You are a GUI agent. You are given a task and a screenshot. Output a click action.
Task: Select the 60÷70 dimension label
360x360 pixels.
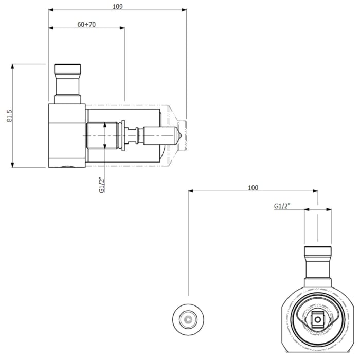[x=86, y=24]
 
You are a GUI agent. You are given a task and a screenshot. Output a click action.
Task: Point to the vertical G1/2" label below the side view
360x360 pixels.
[x=101, y=185]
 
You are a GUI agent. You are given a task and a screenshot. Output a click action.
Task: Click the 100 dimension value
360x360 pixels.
[x=253, y=188]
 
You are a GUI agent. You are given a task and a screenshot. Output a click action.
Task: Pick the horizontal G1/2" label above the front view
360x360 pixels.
[x=282, y=206]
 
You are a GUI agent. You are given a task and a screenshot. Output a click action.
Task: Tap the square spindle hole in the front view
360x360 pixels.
[x=318, y=320]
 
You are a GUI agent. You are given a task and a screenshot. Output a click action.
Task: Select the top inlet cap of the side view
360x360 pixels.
[x=67, y=69]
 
